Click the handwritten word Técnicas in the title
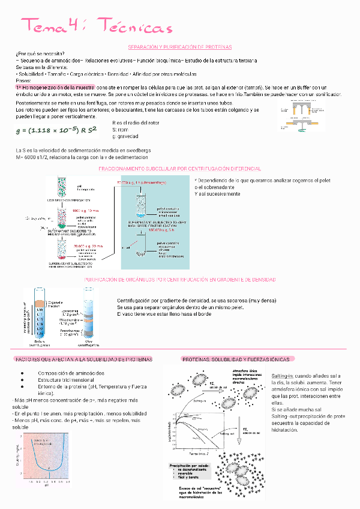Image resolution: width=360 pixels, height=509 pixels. point(134,28)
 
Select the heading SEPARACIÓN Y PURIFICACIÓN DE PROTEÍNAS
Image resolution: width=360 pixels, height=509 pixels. point(180,47)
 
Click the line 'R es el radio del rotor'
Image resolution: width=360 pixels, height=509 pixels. point(136,123)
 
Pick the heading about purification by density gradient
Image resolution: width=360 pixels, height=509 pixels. point(180,280)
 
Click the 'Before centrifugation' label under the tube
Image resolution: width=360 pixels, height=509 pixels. point(37,343)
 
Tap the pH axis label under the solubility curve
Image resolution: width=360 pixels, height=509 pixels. point(47,484)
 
